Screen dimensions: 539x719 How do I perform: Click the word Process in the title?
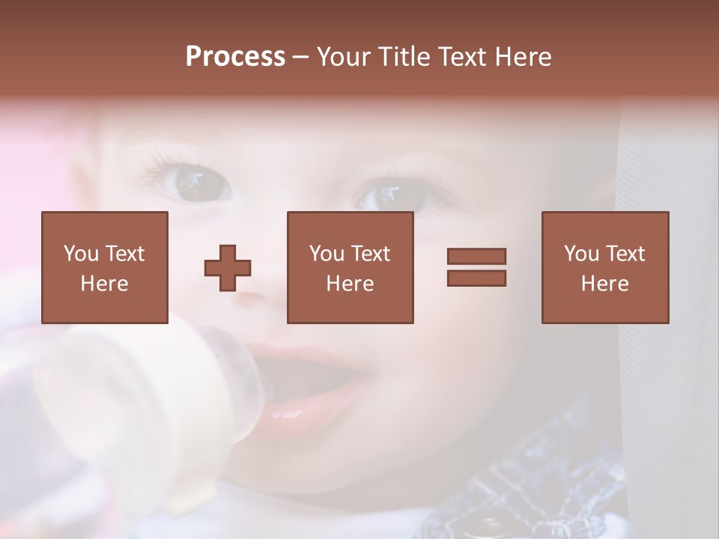tap(235, 57)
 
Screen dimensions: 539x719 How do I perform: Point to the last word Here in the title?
tap(522, 57)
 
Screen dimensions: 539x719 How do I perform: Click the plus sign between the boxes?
tap(228, 268)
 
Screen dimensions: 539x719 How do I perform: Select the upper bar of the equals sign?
tap(476, 256)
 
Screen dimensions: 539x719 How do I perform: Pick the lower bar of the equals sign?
tap(476, 278)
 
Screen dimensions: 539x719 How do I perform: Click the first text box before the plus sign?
tap(104, 267)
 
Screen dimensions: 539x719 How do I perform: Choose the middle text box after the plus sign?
tap(350, 267)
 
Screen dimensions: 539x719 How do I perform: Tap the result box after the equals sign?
tap(604, 267)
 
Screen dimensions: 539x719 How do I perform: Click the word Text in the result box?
tap(625, 254)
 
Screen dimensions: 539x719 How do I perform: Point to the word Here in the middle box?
tap(350, 284)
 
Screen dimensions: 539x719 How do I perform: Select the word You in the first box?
tap(81, 254)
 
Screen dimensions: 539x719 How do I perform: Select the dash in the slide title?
tap(300, 57)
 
